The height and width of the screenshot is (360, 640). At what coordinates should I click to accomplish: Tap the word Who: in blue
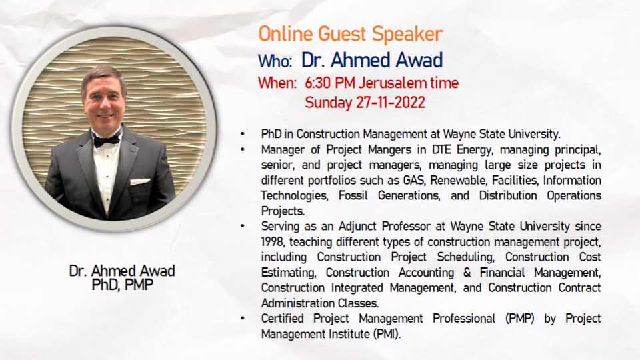pyautogui.click(x=275, y=61)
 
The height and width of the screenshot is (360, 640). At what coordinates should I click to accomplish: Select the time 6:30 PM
pyautogui.click(x=329, y=83)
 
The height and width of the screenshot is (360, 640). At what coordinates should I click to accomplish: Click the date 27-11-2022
pyautogui.click(x=390, y=103)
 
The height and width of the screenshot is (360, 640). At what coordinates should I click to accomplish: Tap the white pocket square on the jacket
pyautogui.click(x=140, y=181)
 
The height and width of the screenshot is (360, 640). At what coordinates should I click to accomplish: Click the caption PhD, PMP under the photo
pyautogui.click(x=123, y=285)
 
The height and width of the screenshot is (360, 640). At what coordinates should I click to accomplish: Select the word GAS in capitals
pyautogui.click(x=414, y=181)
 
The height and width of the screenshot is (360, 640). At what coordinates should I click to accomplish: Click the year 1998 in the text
pyautogui.click(x=273, y=242)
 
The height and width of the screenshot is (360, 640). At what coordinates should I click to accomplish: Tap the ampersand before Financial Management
pyautogui.click(x=467, y=273)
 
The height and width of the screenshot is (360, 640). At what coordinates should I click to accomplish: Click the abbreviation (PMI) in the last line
pyautogui.click(x=387, y=334)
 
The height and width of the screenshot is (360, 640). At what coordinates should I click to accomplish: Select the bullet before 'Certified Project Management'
pyautogui.click(x=243, y=319)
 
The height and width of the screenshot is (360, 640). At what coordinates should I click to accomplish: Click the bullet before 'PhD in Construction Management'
pyautogui.click(x=243, y=134)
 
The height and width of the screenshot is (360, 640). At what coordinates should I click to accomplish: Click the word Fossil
pyautogui.click(x=353, y=196)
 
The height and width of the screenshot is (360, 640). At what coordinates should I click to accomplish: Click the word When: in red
pyautogui.click(x=277, y=83)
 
